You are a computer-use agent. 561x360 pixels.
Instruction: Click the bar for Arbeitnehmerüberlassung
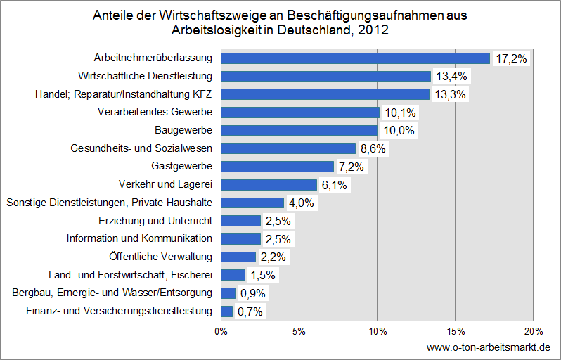point(355,58)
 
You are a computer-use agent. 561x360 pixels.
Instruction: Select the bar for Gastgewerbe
point(277,167)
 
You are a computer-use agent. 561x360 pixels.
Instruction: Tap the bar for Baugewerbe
point(299,130)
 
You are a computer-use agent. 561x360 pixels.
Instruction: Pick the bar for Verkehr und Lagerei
point(269,185)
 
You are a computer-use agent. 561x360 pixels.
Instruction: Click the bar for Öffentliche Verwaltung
point(238,257)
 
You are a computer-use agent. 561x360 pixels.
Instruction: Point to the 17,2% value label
point(511,58)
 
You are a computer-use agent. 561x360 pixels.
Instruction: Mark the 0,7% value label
point(251,311)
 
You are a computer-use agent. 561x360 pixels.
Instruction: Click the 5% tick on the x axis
point(299,330)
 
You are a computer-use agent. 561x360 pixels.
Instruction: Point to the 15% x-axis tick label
point(455,330)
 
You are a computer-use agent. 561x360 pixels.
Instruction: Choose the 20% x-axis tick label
point(533,330)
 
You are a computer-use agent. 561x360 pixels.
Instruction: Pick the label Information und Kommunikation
point(139,238)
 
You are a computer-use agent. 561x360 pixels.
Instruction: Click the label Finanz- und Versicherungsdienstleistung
point(119,311)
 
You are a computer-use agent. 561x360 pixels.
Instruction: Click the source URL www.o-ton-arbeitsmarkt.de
point(489,347)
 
